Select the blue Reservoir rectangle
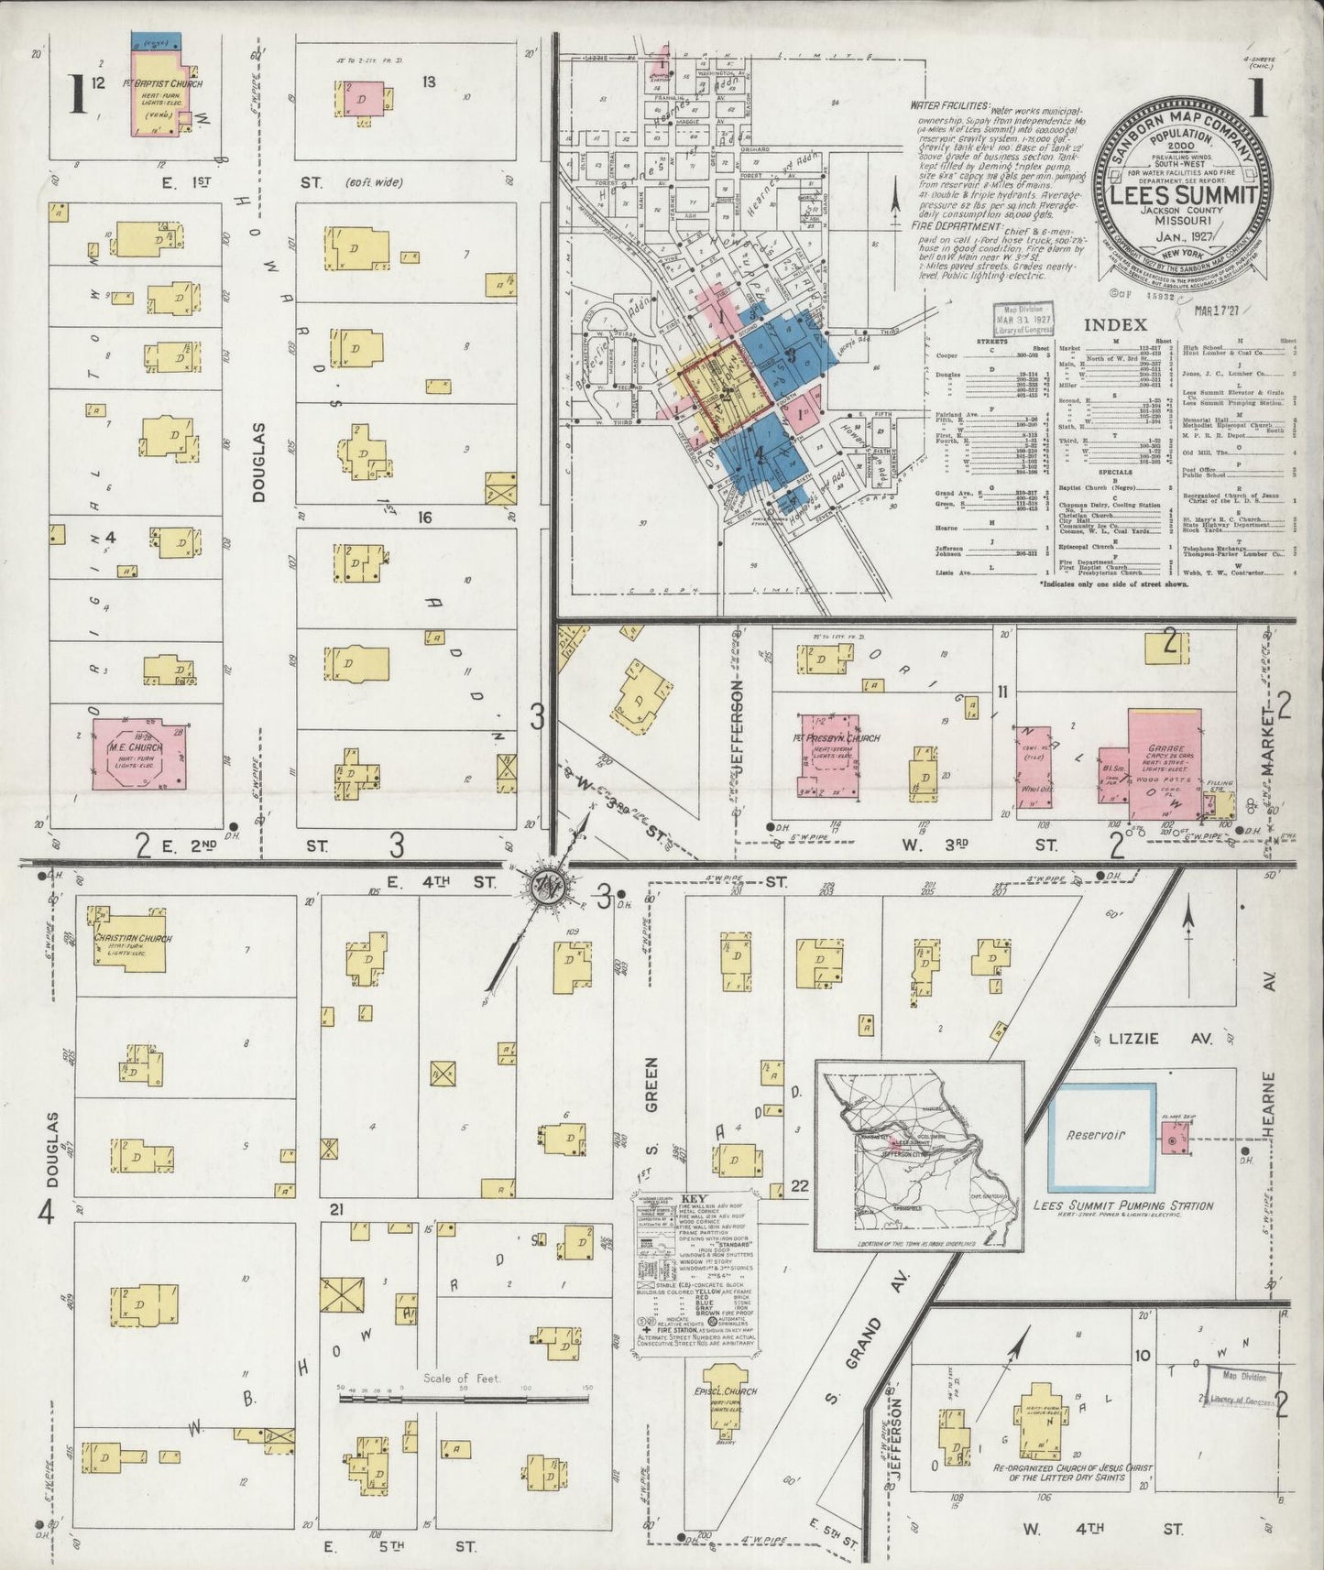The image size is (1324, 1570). pyautogui.click(x=1100, y=1135)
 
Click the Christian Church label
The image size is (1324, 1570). pyautogui.click(x=126, y=938)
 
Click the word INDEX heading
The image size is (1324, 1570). pyautogui.click(x=1115, y=324)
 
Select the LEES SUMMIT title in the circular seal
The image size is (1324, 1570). pyautogui.click(x=1183, y=195)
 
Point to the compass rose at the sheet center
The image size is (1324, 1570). pyautogui.click(x=548, y=885)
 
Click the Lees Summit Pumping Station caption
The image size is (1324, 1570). pyautogui.click(x=1122, y=1206)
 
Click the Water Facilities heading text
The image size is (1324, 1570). pyautogui.click(x=950, y=106)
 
